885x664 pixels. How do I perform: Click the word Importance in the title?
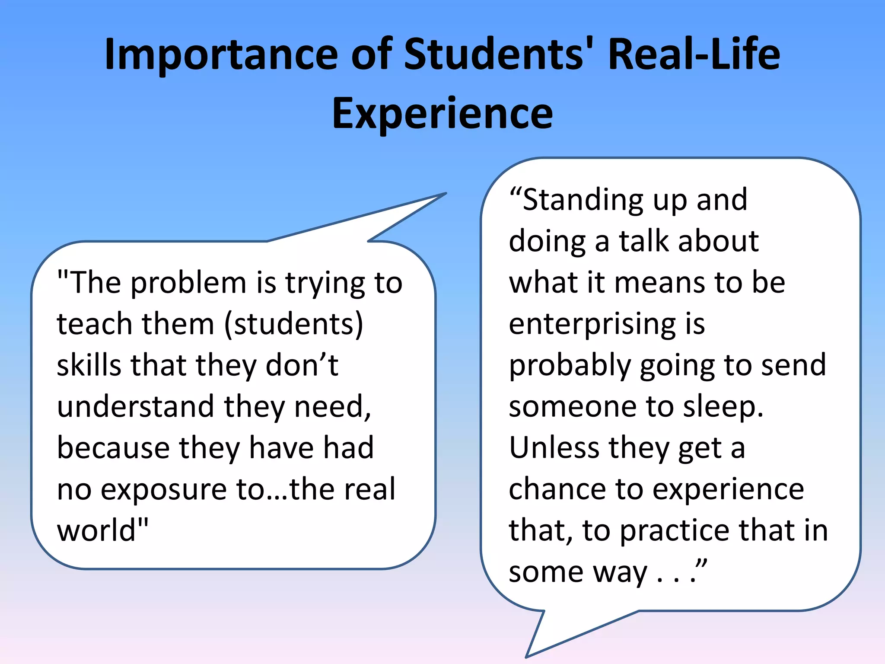point(221,55)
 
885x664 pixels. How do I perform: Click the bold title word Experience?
point(442,113)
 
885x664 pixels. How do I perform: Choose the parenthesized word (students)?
point(294,324)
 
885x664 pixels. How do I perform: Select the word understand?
point(135,406)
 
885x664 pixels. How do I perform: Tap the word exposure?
point(164,489)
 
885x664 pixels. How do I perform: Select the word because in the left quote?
point(113,448)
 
